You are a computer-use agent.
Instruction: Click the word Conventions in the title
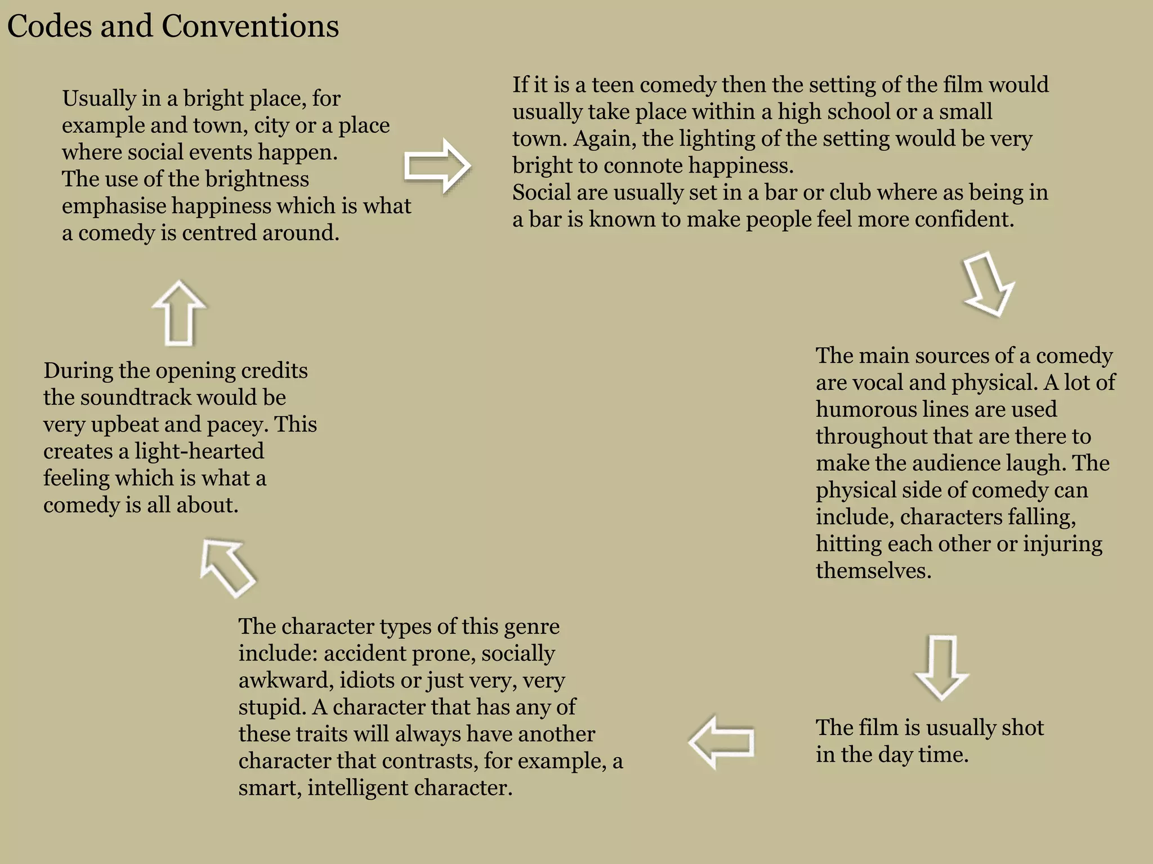pyautogui.click(x=250, y=26)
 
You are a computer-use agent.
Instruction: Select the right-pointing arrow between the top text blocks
pyautogui.click(x=437, y=166)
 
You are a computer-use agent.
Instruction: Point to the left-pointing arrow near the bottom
pyautogui.click(x=721, y=742)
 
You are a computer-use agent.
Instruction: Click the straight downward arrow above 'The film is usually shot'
pyautogui.click(x=941, y=668)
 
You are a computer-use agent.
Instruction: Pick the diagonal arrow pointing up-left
pyautogui.click(x=227, y=568)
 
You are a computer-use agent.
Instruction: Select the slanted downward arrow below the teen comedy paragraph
pyautogui.click(x=989, y=283)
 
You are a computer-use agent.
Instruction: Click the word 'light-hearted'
pyautogui.click(x=199, y=451)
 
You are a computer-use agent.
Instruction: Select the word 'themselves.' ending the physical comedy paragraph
pyautogui.click(x=873, y=571)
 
